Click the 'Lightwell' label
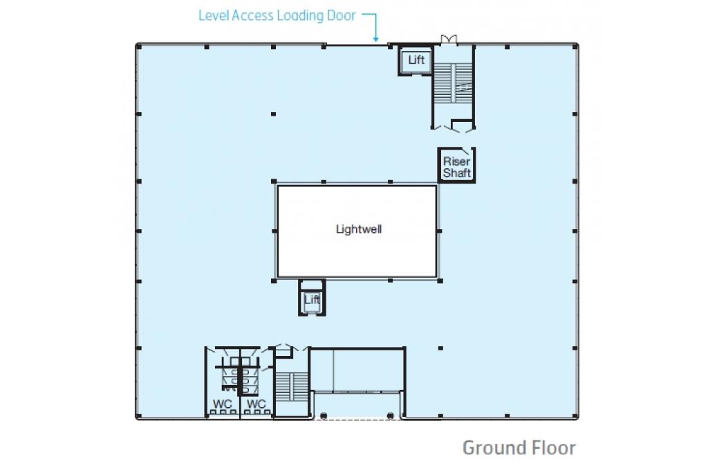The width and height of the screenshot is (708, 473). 359,229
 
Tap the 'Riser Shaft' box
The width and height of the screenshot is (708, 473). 456,165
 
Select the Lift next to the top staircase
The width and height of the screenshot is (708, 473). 416,60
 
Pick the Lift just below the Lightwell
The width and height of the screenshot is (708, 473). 312,298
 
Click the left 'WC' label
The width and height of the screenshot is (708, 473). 222,403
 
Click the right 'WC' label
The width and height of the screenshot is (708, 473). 256,403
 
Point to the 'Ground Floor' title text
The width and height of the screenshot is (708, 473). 519,447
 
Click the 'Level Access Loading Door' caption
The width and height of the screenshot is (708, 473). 277,15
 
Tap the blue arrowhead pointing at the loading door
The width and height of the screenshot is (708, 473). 375,39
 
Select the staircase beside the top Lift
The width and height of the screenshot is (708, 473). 453,83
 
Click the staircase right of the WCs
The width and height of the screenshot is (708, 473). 292,387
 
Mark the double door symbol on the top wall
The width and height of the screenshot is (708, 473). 449,39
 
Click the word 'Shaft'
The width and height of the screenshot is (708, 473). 457,172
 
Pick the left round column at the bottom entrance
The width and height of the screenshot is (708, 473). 324,416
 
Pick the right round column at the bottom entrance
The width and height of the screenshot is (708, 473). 391,416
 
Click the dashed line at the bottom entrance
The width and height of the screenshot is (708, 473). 357,420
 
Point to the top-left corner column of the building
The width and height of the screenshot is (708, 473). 139,47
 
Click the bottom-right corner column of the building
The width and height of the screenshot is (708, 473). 575,416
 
